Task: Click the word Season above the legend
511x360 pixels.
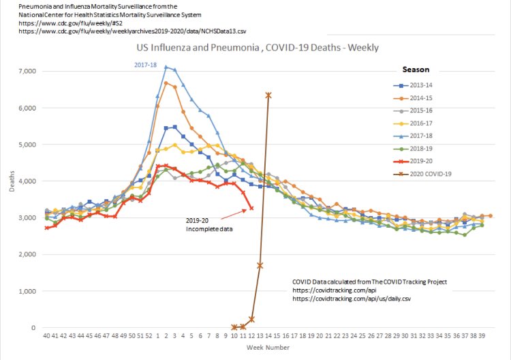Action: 416,70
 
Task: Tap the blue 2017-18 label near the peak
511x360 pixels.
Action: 145,65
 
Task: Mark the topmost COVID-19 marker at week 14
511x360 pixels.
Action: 268,95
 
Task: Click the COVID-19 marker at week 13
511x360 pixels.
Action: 260,265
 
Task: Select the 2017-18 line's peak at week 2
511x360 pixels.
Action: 166,67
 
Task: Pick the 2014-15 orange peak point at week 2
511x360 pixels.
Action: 166,82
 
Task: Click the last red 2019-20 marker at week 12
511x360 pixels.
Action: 251,208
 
